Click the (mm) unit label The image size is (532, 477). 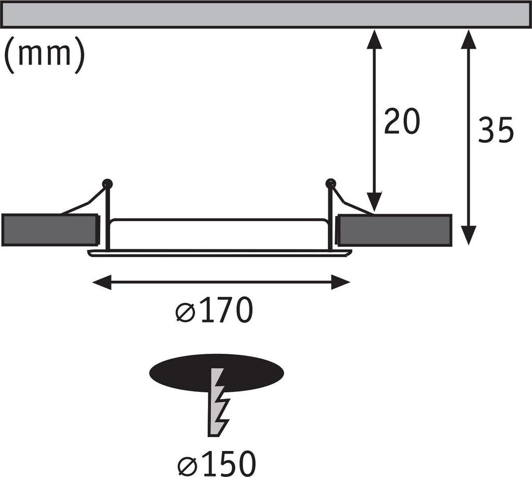pos(44,55)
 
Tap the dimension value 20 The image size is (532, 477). pos(402,122)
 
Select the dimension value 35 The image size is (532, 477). pos(495,130)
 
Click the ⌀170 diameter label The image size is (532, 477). pos(215,310)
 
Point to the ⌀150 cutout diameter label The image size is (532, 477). pos(217,463)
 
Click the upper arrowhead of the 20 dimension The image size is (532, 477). pos(375,38)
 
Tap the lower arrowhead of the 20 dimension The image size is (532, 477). pos(375,202)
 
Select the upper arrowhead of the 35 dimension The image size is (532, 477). pos(469,38)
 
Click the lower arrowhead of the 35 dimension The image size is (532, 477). pos(469,235)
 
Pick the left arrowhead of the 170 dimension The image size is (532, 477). pos(101,282)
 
